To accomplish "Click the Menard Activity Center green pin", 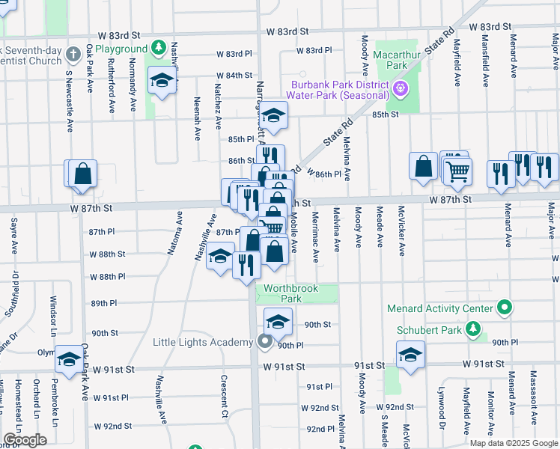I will point(505,308).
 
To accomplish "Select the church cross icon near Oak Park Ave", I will point(73,54).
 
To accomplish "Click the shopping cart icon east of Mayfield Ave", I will point(457,171).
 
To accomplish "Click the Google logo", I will point(25,441).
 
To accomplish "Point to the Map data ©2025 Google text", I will point(513,443).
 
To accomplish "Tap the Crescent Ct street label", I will point(224,396).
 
